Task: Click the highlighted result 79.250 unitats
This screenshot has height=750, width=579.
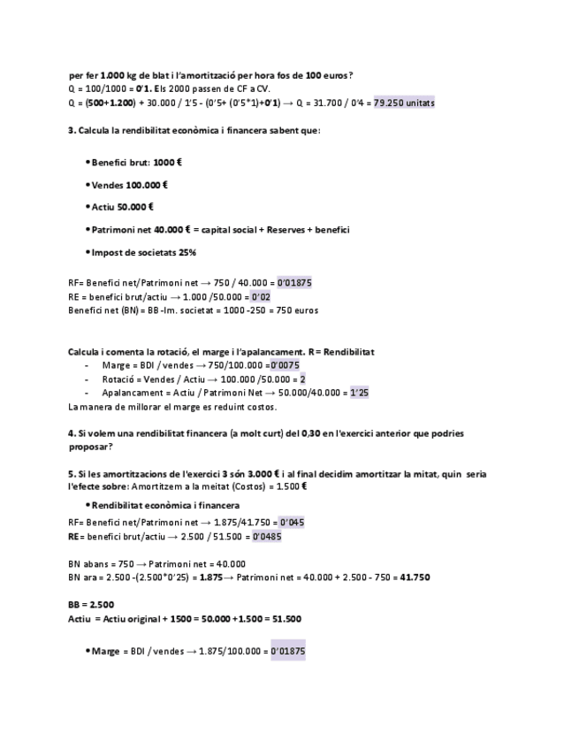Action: [x=404, y=103]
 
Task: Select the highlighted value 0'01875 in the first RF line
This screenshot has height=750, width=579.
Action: [x=294, y=283]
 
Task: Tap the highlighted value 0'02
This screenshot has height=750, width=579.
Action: [x=260, y=296]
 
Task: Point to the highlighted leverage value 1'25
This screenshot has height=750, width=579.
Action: [x=359, y=393]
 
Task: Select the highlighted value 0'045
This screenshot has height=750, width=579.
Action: [x=291, y=523]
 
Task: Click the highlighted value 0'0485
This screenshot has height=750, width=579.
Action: [x=267, y=536]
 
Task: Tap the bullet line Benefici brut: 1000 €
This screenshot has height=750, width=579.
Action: [x=136, y=163]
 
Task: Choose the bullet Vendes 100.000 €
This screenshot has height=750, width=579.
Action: [x=129, y=185]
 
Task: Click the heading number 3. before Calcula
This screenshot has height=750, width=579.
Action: [x=72, y=131]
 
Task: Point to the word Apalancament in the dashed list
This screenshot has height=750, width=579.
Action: [x=130, y=393]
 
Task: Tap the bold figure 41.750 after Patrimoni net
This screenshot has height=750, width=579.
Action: [x=415, y=578]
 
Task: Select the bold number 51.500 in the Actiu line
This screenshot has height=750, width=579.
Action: [x=285, y=619]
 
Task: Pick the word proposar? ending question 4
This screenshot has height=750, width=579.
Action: [x=89, y=447]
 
